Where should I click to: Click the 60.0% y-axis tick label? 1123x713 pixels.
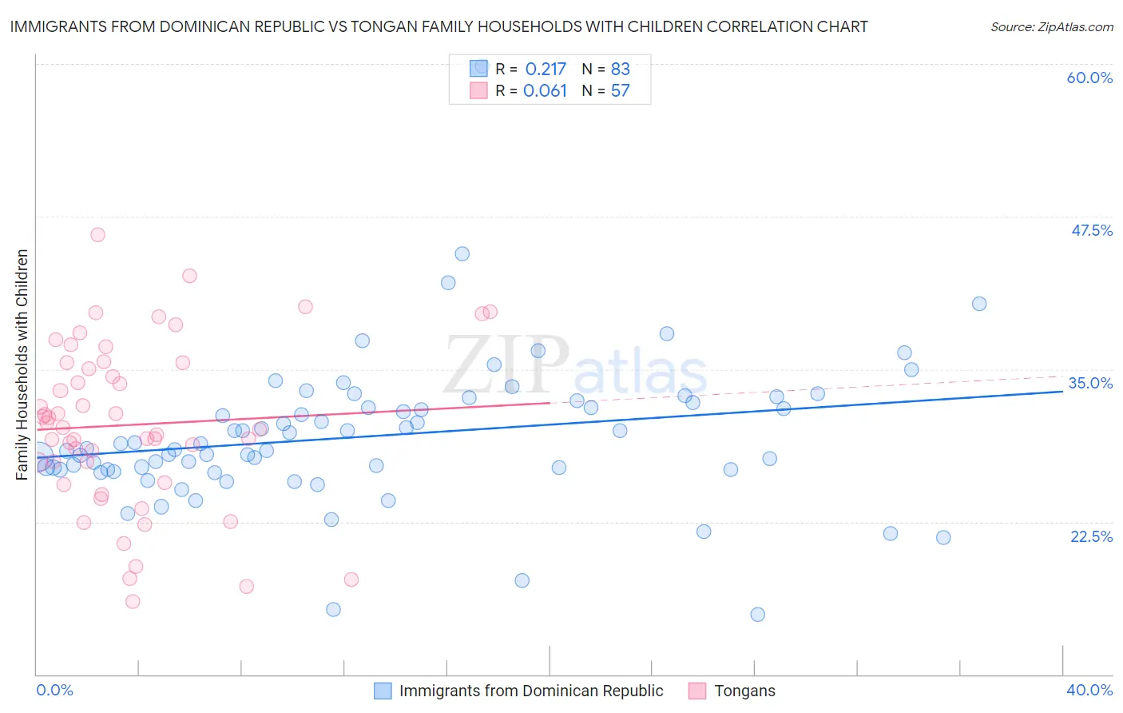click(x=1089, y=78)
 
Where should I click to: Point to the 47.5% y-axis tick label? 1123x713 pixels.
click(x=1091, y=230)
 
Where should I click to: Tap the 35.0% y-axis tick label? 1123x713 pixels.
click(x=1090, y=383)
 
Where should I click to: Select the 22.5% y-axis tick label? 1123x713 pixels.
click(x=1091, y=536)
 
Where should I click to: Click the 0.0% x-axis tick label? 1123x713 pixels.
click(x=54, y=690)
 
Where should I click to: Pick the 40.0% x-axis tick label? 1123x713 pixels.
click(x=1089, y=690)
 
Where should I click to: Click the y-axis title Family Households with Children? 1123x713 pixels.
click(x=22, y=364)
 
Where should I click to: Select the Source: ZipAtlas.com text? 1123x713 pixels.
click(x=1051, y=26)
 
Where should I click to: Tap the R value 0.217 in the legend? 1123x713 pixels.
click(x=545, y=69)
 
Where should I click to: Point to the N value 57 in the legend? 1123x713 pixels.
click(x=620, y=91)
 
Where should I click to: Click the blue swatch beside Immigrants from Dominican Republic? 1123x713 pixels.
click(x=383, y=691)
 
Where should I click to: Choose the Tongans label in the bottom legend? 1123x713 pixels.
click(x=744, y=691)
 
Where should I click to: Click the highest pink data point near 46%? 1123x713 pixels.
click(x=97, y=234)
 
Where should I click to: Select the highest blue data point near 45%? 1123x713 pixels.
click(x=462, y=253)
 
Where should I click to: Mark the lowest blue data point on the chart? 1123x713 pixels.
click(x=757, y=614)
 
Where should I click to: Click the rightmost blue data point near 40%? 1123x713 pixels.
click(x=979, y=304)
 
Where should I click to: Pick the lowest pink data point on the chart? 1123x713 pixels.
click(x=133, y=601)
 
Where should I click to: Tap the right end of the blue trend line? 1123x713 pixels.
click(x=1062, y=392)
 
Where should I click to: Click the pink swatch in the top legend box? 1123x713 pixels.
click(x=478, y=91)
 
